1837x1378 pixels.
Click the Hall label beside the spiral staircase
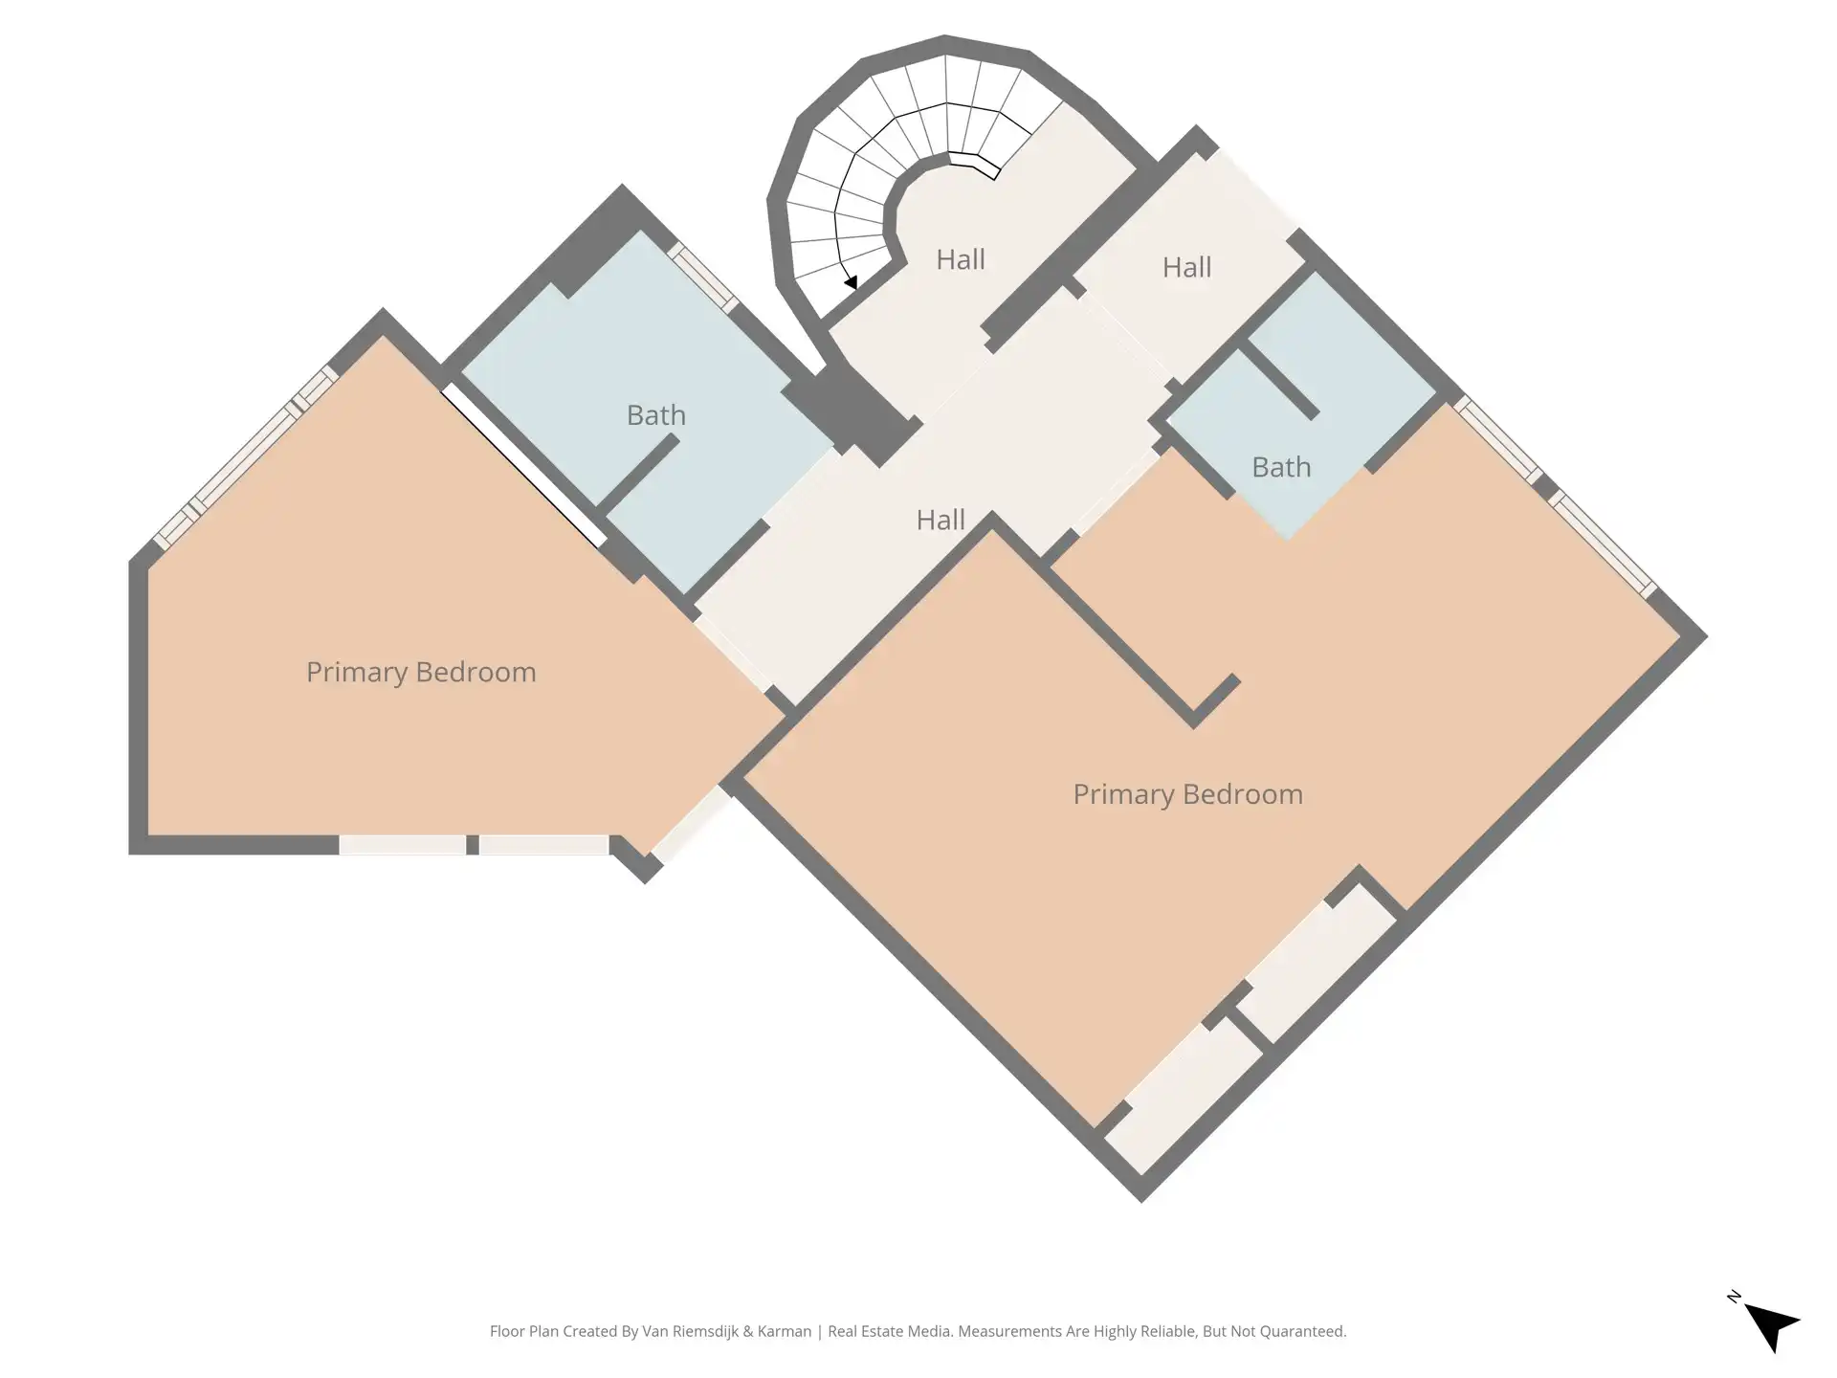pos(961,259)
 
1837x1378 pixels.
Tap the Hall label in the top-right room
pos(1186,267)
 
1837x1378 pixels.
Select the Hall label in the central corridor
pos(941,520)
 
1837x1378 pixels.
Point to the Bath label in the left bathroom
pos(656,415)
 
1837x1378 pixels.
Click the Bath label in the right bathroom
pos(1281,467)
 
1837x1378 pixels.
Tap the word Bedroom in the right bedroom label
pos(1243,794)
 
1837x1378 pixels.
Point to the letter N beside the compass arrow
pos(1734,1297)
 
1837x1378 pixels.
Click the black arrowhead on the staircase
pos(851,282)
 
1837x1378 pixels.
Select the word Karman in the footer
pos(785,1331)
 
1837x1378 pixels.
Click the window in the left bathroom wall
pos(703,278)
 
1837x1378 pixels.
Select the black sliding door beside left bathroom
pos(523,466)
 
